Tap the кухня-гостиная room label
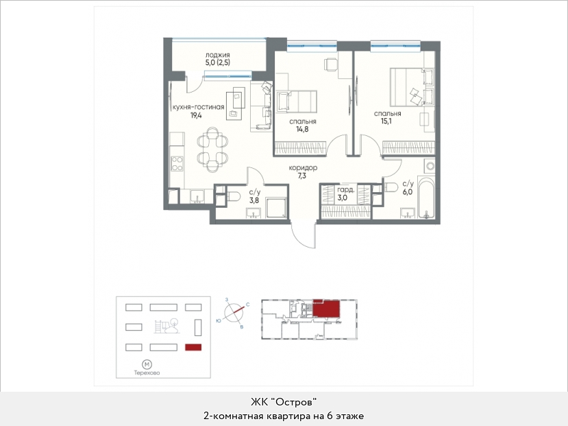point(199,107)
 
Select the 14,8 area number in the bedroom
point(301,129)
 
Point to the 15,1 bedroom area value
point(386,121)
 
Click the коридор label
point(304,168)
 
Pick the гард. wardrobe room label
point(346,190)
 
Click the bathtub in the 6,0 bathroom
point(426,198)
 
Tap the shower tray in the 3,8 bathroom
point(276,207)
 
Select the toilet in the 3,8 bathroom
point(233,196)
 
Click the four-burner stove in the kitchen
point(177,163)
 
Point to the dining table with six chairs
point(212,149)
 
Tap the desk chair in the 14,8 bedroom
point(331,64)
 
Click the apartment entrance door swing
point(304,235)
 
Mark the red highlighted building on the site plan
point(193,347)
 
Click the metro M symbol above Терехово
point(147,364)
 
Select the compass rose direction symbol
point(234,312)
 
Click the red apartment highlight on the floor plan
point(326,309)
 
